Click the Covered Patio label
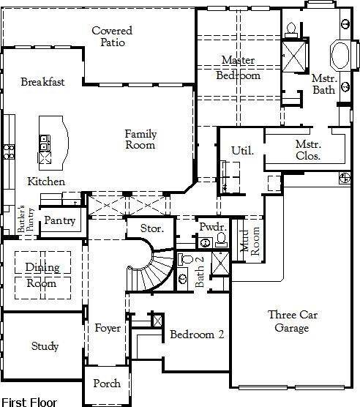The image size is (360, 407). coord(113,37)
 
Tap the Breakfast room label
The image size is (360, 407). coord(42,82)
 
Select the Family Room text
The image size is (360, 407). coord(140,139)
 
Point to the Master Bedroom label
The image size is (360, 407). coord(239,67)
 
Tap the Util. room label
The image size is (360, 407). coord(242,151)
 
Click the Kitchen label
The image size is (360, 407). coord(46,182)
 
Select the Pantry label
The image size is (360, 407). coord(59,220)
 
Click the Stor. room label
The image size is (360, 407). coord(151,229)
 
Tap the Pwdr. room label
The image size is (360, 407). coord(213,228)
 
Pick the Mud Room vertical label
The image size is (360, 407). coord(250,241)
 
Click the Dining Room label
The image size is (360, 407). coord(42,275)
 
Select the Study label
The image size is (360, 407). coord(45,346)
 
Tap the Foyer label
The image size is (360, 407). coord(108,328)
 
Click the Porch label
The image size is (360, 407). coord(107,384)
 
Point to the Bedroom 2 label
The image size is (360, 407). coord(197,335)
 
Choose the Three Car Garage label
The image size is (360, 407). coord(292,321)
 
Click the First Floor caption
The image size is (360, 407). coord(28,402)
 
